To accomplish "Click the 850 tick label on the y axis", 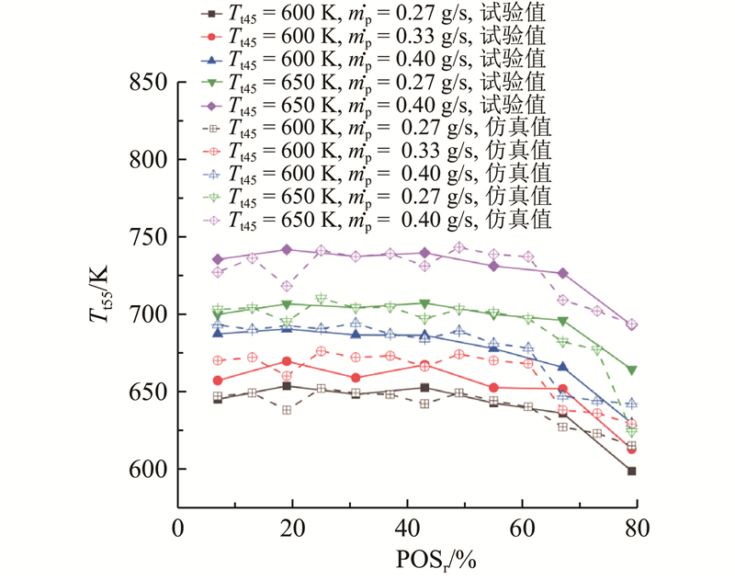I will (146, 83).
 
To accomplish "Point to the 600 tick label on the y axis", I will (146, 470).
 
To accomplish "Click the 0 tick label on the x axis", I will (178, 530).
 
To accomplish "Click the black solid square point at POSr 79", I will (631, 471).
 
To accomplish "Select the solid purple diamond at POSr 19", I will (287, 249).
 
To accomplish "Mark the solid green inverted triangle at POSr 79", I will (631, 370).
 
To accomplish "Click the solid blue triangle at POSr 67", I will (562, 367).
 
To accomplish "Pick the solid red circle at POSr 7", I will (218, 381).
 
